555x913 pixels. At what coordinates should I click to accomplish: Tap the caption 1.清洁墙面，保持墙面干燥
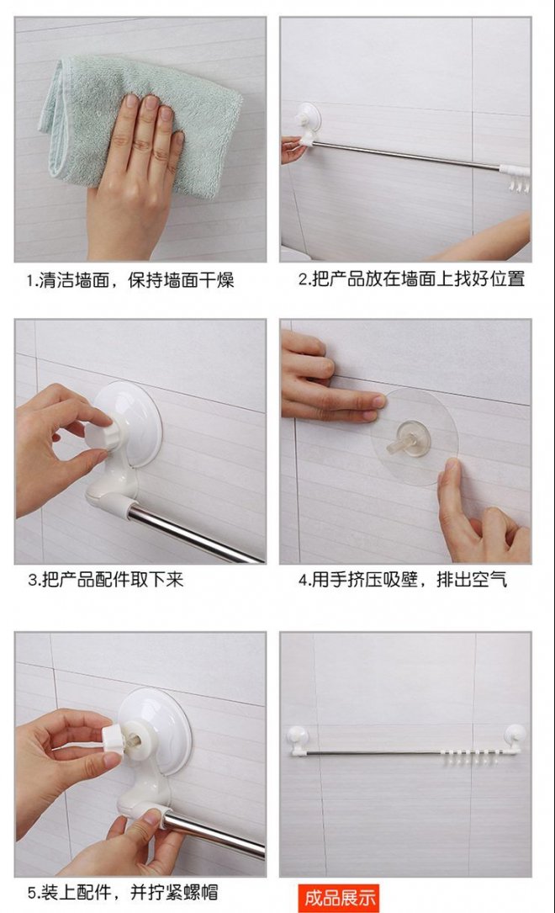click(x=130, y=281)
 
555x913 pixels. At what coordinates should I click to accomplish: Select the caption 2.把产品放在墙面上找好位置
click(x=412, y=279)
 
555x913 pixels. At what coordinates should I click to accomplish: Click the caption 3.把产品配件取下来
click(x=106, y=580)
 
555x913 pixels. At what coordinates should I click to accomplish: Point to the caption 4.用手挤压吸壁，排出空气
click(x=403, y=580)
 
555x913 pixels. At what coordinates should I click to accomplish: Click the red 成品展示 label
click(x=340, y=897)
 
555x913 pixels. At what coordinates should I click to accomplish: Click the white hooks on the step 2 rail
click(x=518, y=180)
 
